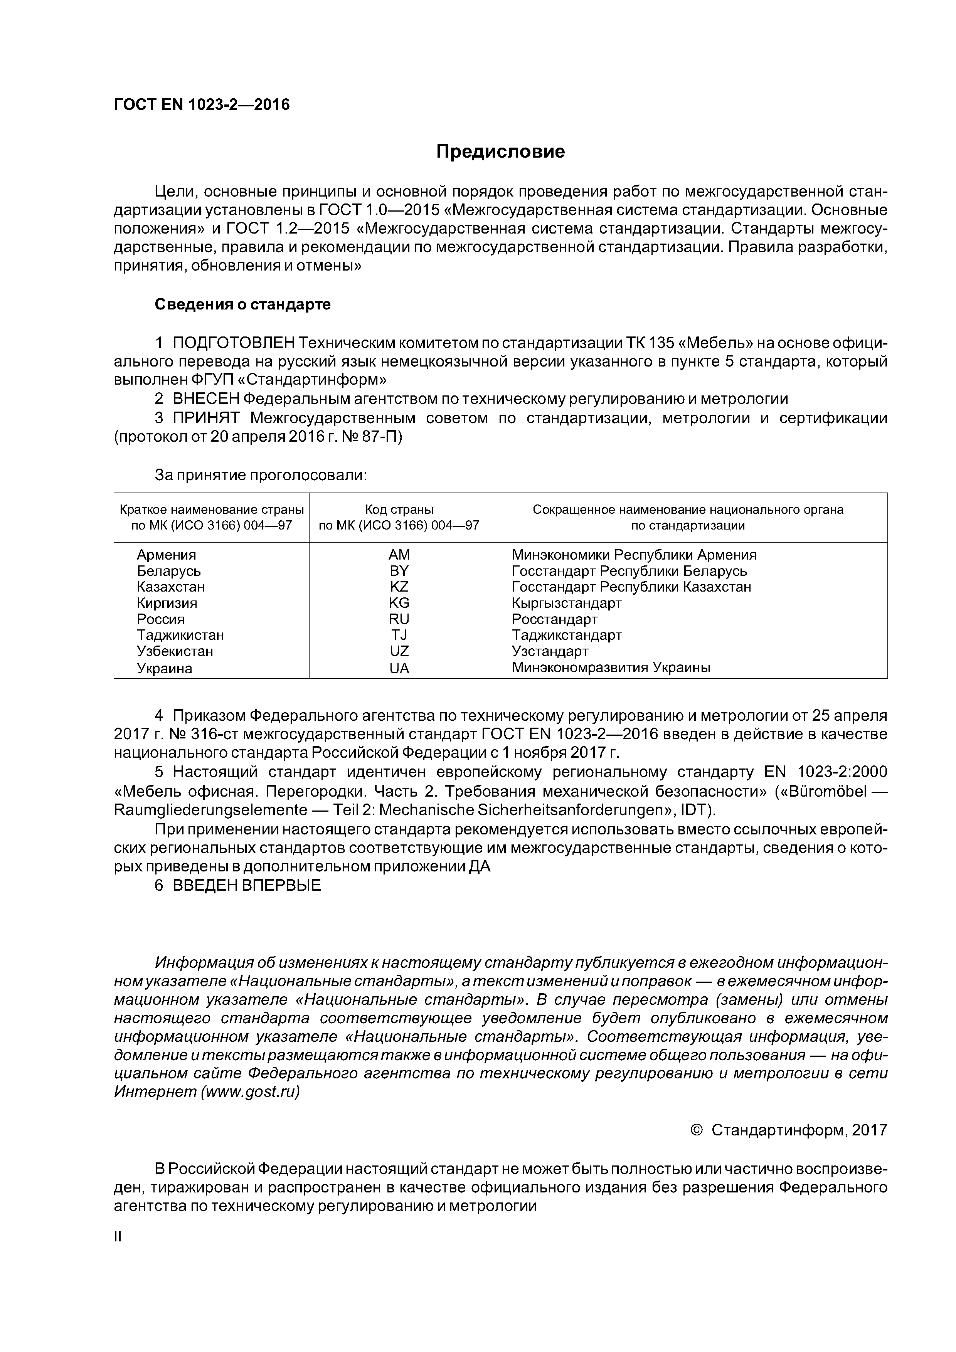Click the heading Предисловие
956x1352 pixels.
tap(500, 152)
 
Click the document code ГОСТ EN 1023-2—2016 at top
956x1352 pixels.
tap(202, 105)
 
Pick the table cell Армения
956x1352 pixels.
tap(167, 555)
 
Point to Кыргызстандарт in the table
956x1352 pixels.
tap(567, 603)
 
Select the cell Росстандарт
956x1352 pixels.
tap(554, 619)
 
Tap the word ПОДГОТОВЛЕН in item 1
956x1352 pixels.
tap(234, 343)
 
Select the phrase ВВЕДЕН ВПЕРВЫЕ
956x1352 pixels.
tap(247, 886)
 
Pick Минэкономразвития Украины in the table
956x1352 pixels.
tap(611, 668)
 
